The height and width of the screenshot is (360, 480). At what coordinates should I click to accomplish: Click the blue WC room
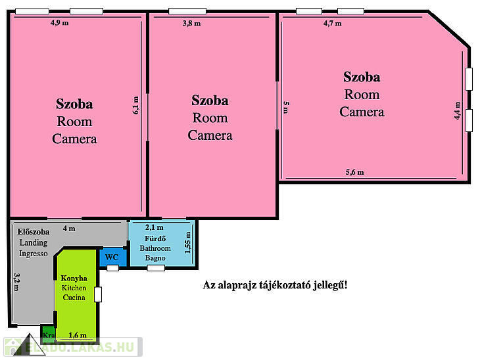(x=112, y=257)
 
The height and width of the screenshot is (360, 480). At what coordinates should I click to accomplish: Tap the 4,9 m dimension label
(x=60, y=22)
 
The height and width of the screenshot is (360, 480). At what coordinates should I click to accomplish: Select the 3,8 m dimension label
(x=191, y=23)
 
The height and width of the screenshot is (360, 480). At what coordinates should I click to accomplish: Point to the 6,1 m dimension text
(x=135, y=105)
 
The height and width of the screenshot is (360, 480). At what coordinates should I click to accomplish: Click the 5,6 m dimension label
(x=355, y=172)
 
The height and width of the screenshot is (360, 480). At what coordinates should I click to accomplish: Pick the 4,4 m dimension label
(x=457, y=110)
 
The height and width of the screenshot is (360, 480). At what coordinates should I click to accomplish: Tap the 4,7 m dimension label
(x=333, y=23)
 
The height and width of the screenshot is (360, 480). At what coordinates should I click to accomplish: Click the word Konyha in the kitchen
(x=74, y=279)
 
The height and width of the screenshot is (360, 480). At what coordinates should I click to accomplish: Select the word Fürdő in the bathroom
(x=155, y=238)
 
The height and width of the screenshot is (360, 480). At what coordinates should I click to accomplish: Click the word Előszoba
(x=34, y=232)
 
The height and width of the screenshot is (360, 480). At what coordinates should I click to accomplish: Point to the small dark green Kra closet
(x=48, y=334)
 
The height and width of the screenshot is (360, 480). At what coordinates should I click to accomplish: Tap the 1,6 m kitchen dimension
(x=78, y=335)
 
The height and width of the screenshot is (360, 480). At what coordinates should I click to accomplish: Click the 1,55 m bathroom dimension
(x=187, y=242)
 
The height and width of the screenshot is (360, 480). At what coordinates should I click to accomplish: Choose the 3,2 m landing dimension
(x=17, y=282)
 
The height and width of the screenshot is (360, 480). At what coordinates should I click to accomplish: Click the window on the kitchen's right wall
(x=98, y=294)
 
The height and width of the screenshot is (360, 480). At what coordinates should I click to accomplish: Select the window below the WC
(x=112, y=268)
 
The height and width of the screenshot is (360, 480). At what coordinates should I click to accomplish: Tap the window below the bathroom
(x=156, y=268)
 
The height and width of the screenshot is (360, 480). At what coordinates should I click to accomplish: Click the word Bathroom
(x=155, y=248)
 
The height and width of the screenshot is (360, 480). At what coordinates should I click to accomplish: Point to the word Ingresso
(x=34, y=254)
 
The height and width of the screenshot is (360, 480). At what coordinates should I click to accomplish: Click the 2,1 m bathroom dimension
(x=155, y=227)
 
